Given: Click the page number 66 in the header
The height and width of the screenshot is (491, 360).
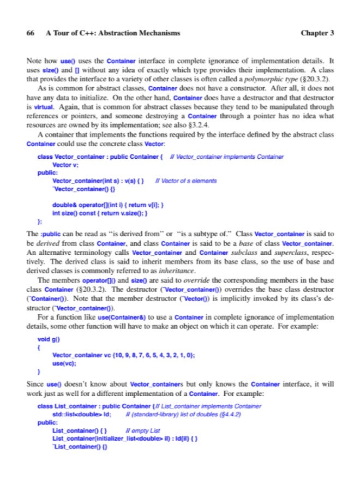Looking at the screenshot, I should click(x=31, y=33).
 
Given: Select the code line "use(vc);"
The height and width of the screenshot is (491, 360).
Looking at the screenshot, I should click(x=64, y=362).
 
